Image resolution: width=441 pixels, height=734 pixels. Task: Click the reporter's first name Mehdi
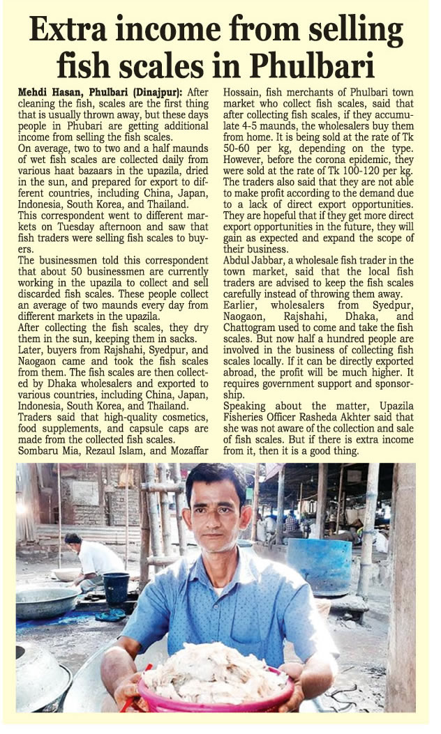(33, 92)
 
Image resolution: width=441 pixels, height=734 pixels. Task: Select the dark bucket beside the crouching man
(116, 588)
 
